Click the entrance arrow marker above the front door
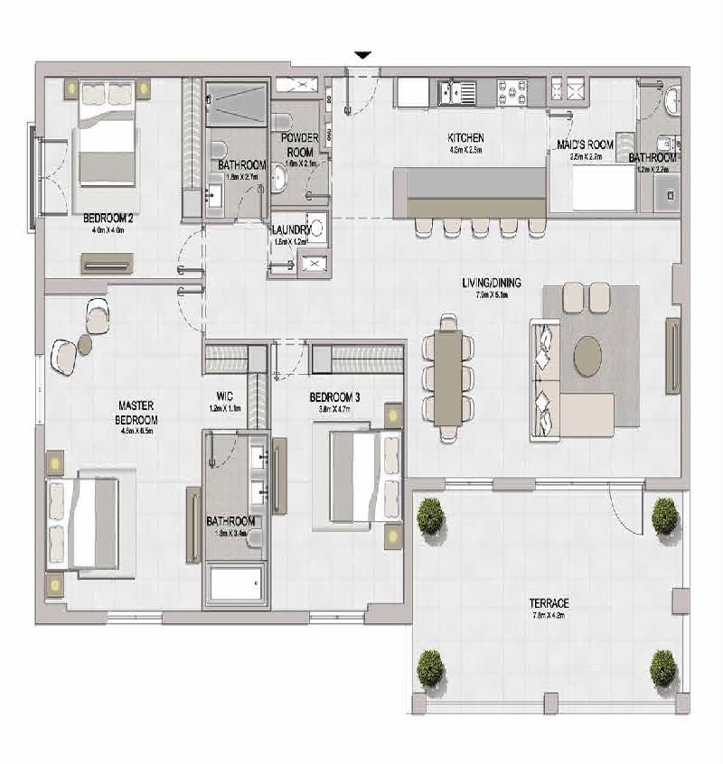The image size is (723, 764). (x=362, y=56)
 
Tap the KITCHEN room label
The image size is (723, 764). (x=466, y=138)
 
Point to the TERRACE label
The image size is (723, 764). (x=549, y=602)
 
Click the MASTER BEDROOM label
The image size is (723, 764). (x=137, y=414)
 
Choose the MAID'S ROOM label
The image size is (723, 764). (x=585, y=144)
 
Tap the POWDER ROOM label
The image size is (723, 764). (x=300, y=145)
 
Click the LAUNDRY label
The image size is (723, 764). (x=290, y=229)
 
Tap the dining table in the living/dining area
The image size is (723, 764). (x=449, y=377)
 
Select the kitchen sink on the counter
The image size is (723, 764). (x=456, y=90)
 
